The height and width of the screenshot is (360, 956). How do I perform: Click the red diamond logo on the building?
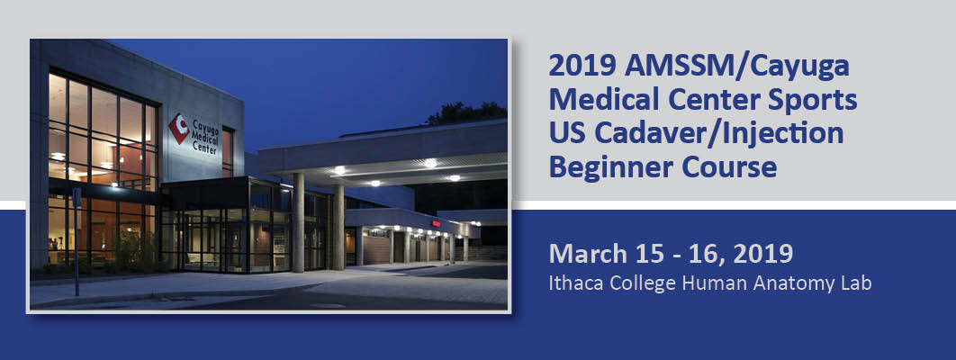pyautogui.click(x=179, y=129)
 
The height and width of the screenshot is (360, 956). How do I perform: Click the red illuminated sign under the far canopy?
pyautogui.click(x=436, y=222)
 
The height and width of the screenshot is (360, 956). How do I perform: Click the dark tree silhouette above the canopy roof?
pyautogui.click(x=463, y=113)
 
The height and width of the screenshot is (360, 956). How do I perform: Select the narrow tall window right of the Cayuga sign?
pyautogui.click(x=228, y=150)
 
